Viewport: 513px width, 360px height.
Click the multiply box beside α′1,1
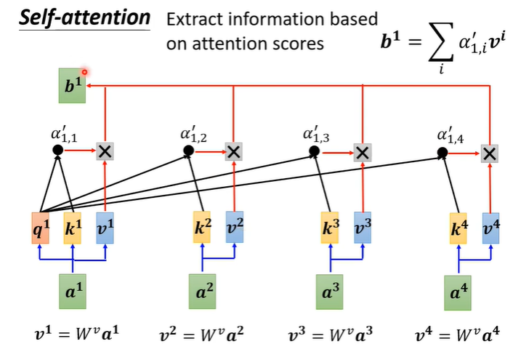[106, 151]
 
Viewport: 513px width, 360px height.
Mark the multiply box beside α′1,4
[490, 153]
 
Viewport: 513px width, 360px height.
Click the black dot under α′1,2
[188, 151]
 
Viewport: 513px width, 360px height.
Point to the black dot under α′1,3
[314, 153]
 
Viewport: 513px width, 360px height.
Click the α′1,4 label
[451, 135]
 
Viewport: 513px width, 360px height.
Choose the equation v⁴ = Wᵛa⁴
[458, 337]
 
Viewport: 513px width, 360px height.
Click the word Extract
[190, 20]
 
